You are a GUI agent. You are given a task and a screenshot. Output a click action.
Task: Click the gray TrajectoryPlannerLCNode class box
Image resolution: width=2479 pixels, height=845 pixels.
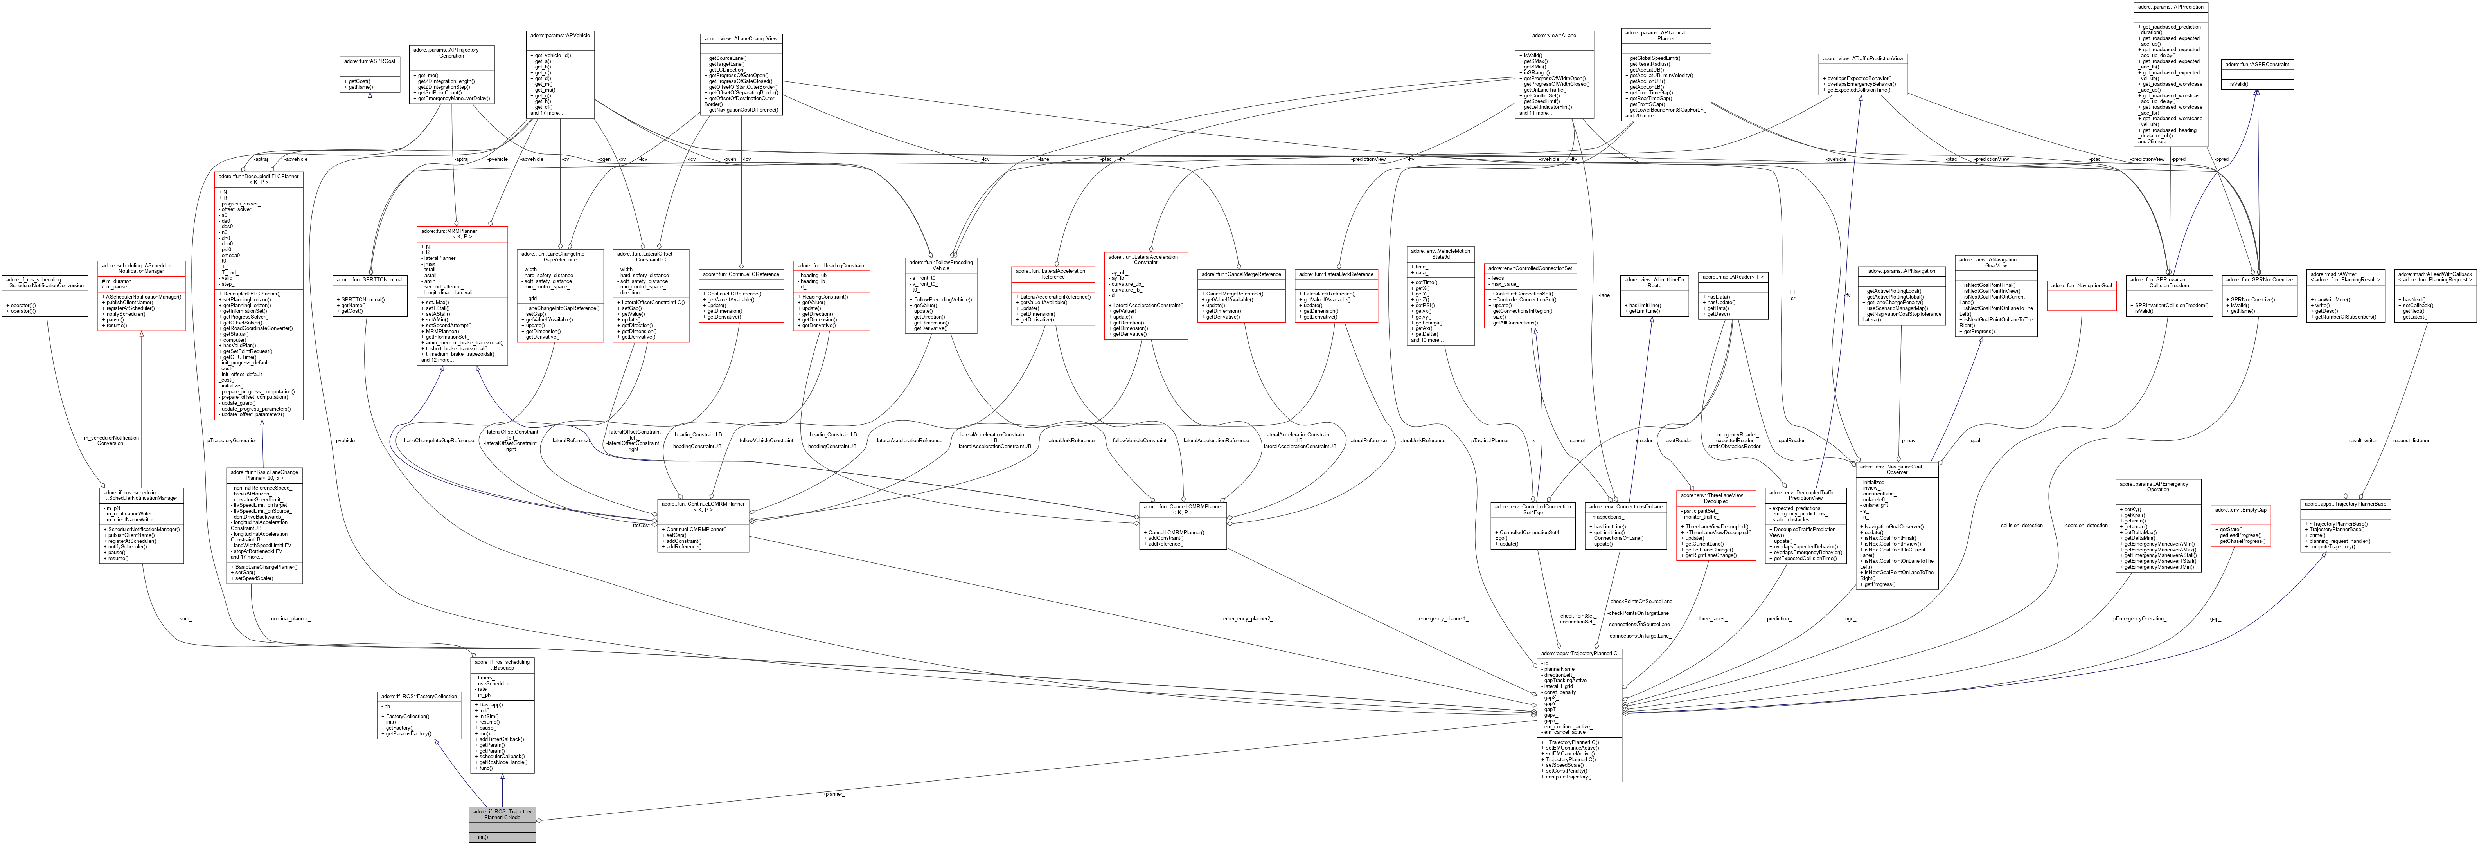point(502,825)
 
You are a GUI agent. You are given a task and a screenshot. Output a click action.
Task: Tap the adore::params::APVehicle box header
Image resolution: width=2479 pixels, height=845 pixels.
point(560,36)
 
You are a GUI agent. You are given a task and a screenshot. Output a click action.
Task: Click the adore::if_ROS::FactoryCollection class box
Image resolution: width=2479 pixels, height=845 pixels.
point(419,714)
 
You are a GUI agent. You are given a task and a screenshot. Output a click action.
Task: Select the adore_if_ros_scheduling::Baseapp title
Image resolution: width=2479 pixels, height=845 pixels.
point(502,664)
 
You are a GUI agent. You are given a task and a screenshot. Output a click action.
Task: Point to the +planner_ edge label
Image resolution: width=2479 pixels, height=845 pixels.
point(833,794)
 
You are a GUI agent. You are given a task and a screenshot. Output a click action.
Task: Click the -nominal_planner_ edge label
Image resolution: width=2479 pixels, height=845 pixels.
point(289,619)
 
